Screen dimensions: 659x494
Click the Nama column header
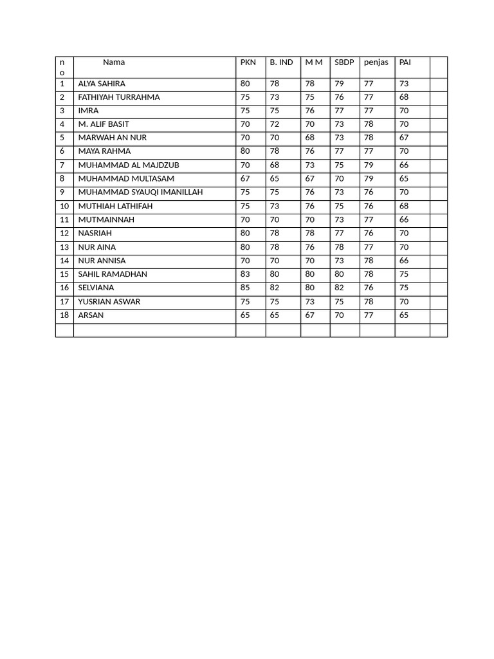pyautogui.click(x=114, y=62)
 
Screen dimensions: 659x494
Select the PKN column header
pyautogui.click(x=248, y=62)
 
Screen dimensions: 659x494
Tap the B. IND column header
pyautogui.click(x=281, y=62)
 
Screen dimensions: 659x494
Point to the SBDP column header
pyautogui.click(x=344, y=62)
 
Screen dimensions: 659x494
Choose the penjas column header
pyautogui.click(x=376, y=62)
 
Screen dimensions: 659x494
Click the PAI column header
pyautogui.click(x=405, y=62)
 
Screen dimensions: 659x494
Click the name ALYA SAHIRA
pyautogui.click(x=102, y=84)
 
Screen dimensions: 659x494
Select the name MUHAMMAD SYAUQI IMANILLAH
pyautogui.click(x=140, y=192)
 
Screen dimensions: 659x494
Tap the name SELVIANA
pyautogui.click(x=96, y=288)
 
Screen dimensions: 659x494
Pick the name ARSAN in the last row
pyautogui.click(x=91, y=315)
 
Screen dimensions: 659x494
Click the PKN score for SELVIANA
pyautogui.click(x=245, y=288)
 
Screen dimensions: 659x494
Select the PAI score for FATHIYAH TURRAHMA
pyautogui.click(x=404, y=97)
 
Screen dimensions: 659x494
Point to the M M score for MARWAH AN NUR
pyautogui.click(x=310, y=138)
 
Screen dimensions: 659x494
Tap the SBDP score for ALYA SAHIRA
pyautogui.click(x=339, y=84)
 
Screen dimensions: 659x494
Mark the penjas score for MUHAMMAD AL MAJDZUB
pyautogui.click(x=369, y=165)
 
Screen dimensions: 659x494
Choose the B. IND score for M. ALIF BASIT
pyautogui.click(x=275, y=124)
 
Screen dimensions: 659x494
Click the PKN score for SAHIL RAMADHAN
pyautogui.click(x=245, y=274)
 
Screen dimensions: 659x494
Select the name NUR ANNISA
pyautogui.click(x=102, y=261)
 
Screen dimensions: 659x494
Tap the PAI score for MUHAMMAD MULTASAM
pyautogui.click(x=404, y=179)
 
